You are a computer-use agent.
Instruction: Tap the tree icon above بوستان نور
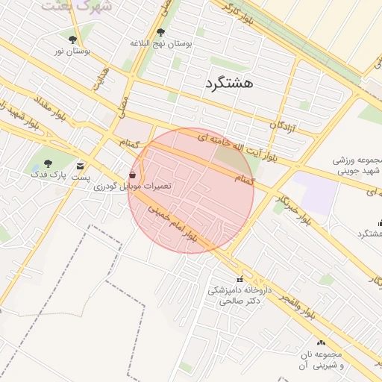point(72,40)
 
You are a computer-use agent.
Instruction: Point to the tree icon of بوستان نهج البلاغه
point(160,32)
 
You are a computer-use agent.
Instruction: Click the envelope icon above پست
point(80,166)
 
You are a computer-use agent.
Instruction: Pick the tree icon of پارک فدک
point(48,163)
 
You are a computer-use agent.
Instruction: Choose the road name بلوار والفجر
point(298,308)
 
